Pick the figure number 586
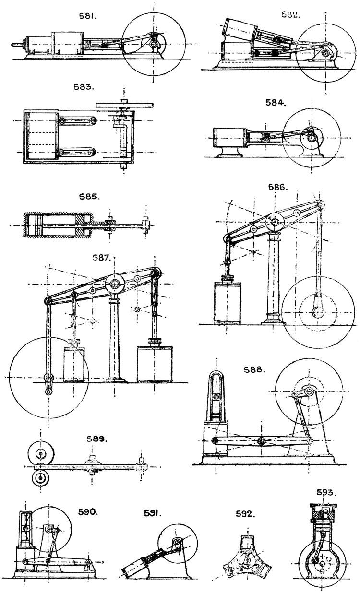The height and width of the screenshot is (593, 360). click(278, 187)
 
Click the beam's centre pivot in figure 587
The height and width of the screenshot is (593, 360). click(115, 285)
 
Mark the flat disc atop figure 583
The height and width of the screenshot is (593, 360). click(124, 104)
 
